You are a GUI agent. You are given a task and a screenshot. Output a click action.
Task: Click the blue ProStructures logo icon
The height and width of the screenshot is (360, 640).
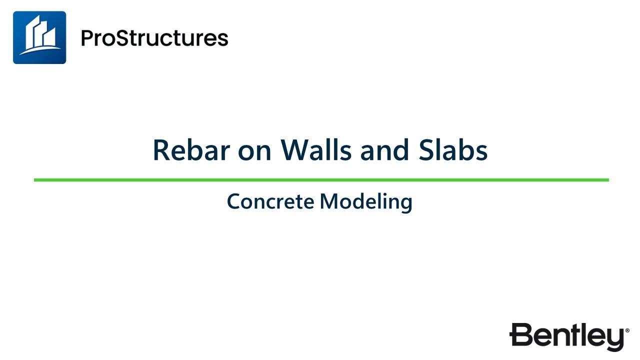coord(39,37)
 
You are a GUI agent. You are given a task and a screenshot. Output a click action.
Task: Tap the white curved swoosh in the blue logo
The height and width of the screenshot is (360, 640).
coord(40,50)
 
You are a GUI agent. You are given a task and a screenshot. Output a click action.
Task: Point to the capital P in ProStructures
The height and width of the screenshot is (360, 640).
coord(87,38)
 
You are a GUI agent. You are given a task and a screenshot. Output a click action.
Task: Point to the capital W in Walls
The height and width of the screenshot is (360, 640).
coord(292,150)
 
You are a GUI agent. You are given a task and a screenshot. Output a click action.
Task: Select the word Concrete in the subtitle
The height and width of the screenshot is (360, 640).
coord(270,201)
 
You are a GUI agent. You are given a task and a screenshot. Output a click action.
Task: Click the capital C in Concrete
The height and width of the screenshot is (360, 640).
coord(233,201)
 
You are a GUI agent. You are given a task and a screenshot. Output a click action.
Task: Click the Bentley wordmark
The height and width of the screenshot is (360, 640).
coord(567,336)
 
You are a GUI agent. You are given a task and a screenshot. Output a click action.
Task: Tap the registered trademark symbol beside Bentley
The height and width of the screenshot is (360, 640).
coord(627,330)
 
